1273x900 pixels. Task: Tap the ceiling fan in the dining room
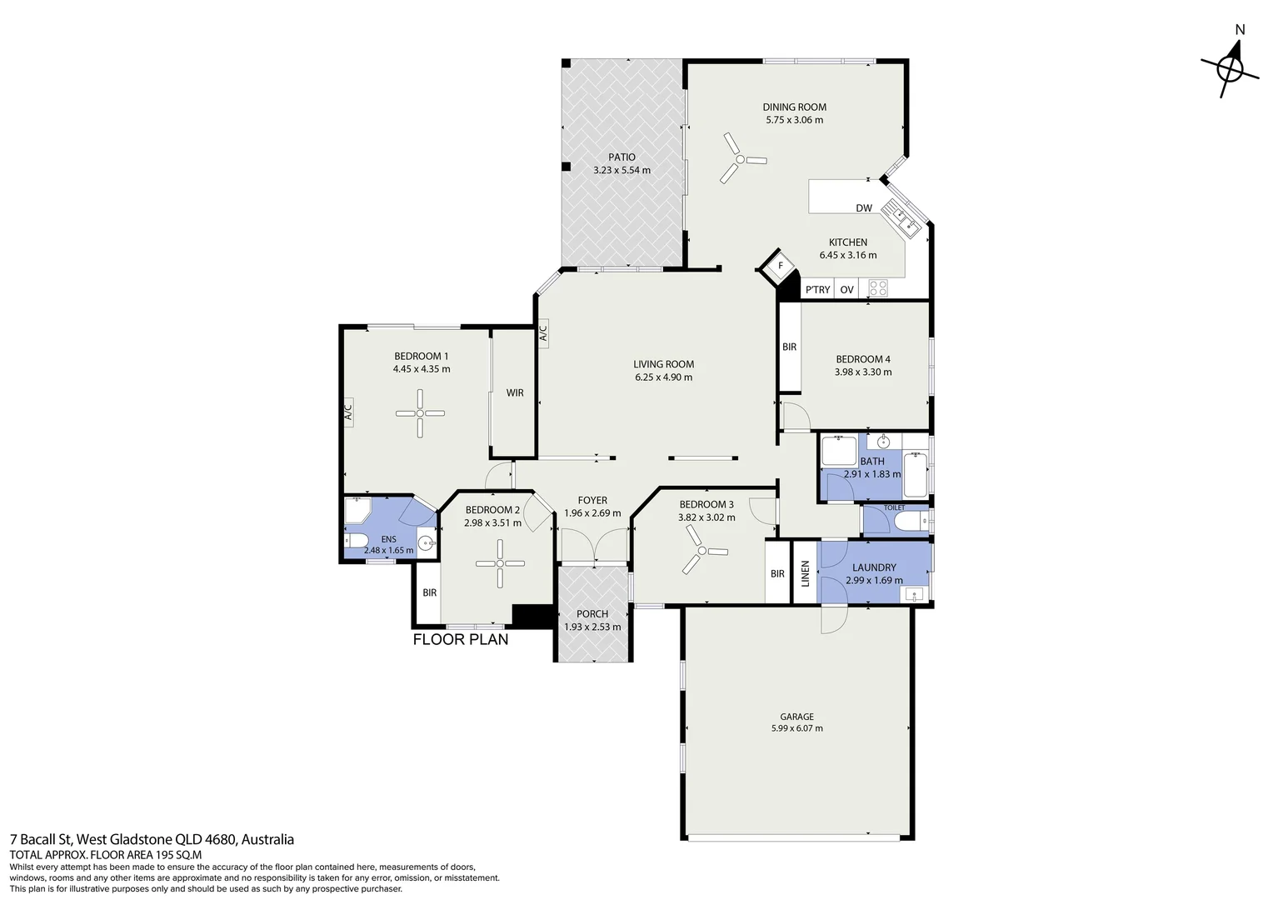click(740, 158)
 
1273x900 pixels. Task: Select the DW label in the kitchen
click(864, 208)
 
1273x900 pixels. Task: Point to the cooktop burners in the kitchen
click(878, 289)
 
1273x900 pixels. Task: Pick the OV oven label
click(846, 290)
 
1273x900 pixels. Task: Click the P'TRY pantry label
click(818, 290)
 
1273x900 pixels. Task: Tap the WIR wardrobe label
click(515, 392)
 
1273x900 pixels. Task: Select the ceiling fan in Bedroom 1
click(420, 413)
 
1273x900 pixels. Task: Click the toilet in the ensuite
click(356, 540)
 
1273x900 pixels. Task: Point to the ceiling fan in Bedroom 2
click(500, 563)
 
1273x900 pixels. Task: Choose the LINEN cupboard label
click(805, 573)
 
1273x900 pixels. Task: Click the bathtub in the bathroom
click(916, 475)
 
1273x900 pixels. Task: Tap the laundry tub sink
click(915, 595)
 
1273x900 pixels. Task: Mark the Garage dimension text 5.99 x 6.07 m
click(796, 728)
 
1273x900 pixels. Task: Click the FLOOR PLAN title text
click(461, 640)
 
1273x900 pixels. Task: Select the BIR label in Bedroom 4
click(789, 347)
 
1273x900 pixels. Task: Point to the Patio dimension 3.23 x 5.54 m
click(622, 170)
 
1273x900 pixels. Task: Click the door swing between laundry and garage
click(834, 620)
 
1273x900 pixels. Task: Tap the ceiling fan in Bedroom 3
click(703, 550)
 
